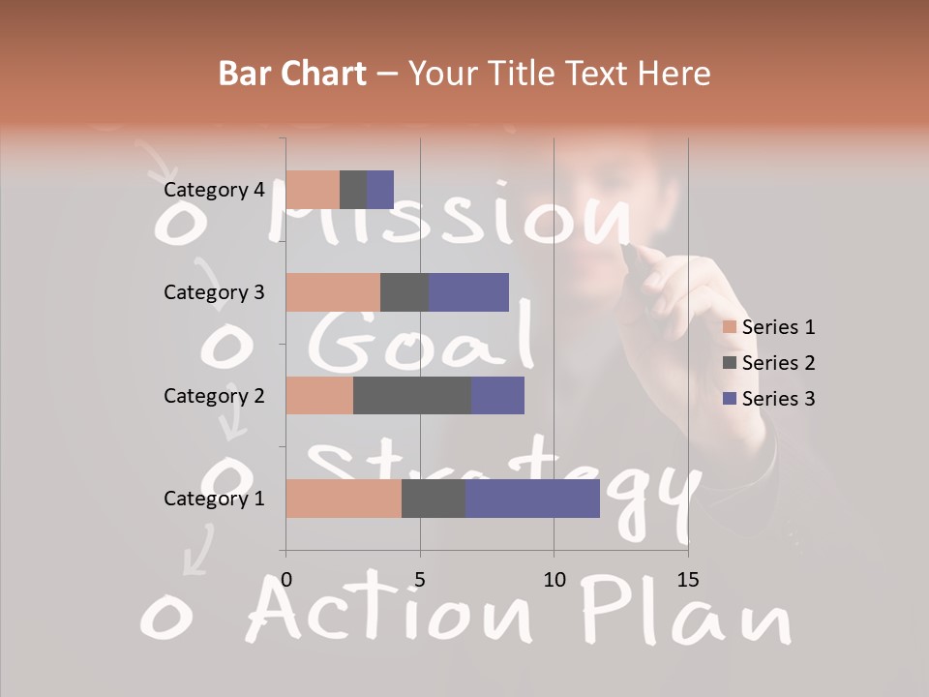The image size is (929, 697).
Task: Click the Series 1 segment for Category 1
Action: tap(343, 499)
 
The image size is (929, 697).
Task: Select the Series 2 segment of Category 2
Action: tap(412, 395)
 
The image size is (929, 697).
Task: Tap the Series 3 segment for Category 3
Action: tap(468, 292)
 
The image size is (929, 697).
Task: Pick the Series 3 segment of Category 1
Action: tap(532, 499)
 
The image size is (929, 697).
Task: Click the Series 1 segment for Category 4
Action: tap(313, 190)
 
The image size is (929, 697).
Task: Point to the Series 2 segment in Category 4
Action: tap(353, 190)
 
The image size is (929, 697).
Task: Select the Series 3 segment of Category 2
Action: tap(497, 395)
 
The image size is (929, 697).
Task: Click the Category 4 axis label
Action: tap(214, 190)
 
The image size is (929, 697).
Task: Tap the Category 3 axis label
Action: tap(214, 292)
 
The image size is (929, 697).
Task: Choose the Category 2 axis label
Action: tap(214, 395)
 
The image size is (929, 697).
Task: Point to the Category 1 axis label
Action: tap(214, 499)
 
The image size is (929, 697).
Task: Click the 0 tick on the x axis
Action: tap(286, 580)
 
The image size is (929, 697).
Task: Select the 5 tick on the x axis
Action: tap(420, 580)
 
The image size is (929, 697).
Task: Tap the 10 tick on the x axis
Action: tap(554, 580)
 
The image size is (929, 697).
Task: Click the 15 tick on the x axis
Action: tap(687, 580)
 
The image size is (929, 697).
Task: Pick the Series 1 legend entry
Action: tap(769, 327)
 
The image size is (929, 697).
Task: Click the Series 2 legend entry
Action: tap(769, 363)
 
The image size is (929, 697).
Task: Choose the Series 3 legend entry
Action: tap(769, 399)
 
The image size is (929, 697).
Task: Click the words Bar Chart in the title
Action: tap(292, 74)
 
